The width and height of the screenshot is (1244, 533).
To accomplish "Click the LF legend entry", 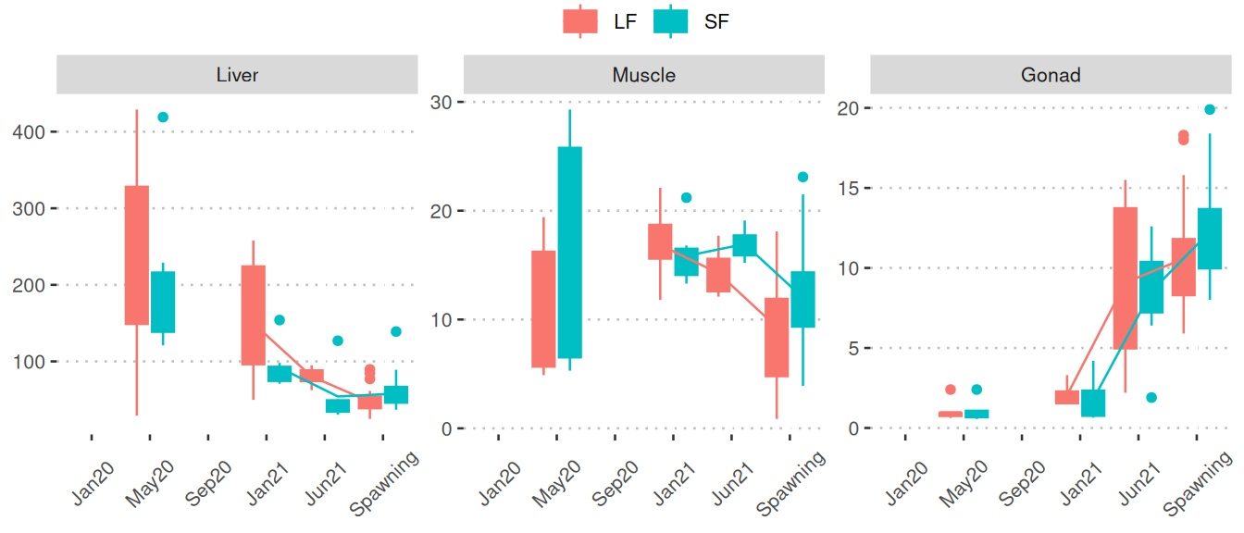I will (x=600, y=21).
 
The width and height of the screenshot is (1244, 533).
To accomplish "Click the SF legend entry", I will (x=690, y=21).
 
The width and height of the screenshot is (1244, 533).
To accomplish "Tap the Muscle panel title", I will (x=643, y=75).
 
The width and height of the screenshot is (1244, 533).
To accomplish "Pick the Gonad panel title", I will (x=1050, y=75).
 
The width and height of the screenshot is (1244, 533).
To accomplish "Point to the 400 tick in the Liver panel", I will (x=31, y=131).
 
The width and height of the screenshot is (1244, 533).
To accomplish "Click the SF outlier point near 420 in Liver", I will (x=163, y=118).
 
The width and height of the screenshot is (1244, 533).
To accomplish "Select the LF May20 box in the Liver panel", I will (x=137, y=255).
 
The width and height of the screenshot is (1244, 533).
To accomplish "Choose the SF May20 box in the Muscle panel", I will (x=570, y=252).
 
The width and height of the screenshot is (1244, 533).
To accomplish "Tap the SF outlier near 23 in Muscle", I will (x=802, y=177).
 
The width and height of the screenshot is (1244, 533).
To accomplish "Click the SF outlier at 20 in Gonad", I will (x=1209, y=109).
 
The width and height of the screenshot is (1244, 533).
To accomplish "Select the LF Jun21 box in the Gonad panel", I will (x=1125, y=278).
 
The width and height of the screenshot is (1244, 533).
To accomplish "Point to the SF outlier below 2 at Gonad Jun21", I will (x=1151, y=398).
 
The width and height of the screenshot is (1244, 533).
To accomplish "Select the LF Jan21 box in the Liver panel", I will (x=254, y=315).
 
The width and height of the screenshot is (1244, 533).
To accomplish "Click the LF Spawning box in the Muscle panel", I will (x=777, y=337).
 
